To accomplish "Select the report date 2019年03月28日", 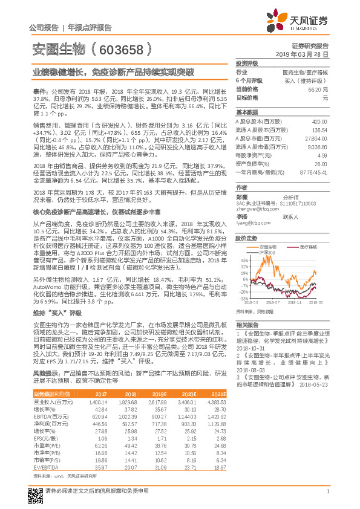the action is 306,54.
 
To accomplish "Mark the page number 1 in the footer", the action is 327,491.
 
